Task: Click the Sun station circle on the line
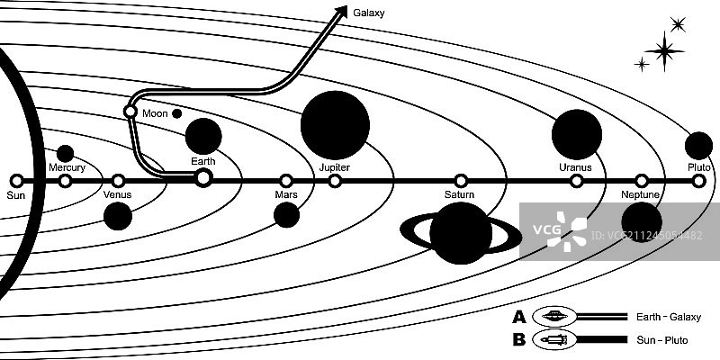click(x=16, y=180)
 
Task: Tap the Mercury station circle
click(x=65, y=180)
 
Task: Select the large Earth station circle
click(x=203, y=177)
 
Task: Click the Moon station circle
click(x=130, y=112)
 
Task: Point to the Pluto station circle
click(x=698, y=181)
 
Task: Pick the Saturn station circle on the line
click(x=461, y=180)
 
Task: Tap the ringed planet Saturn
click(x=460, y=233)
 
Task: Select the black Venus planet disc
click(x=118, y=216)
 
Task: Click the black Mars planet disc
click(x=286, y=215)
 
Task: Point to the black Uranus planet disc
click(x=576, y=135)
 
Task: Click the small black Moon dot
click(x=176, y=113)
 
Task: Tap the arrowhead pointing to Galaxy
click(x=340, y=12)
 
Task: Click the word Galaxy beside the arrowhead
click(x=369, y=13)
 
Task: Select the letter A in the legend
click(x=518, y=317)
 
